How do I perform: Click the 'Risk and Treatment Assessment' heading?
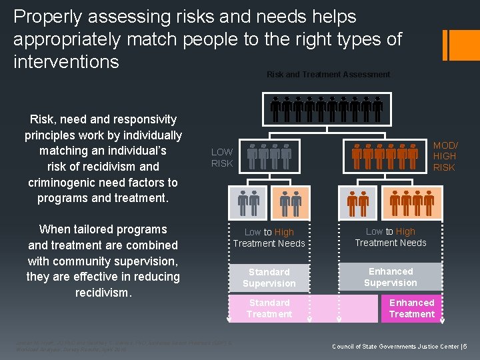pos(328,75)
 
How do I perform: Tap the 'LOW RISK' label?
pos(222,157)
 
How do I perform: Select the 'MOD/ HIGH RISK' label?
pos(444,156)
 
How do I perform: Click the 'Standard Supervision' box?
pos(269,277)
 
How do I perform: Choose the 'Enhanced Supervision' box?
pos(391,277)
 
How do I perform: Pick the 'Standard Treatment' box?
pos(269,308)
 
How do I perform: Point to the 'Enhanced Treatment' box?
pos(411,308)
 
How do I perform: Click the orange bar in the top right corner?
pos(457,45)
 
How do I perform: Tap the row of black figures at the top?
pos(327,109)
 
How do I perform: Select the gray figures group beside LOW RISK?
pos(269,156)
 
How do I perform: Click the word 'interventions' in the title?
pos(66,62)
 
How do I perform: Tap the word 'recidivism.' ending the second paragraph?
pos(103,292)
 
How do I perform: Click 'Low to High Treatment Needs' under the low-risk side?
pos(269,237)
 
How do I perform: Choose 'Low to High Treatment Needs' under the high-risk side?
pos(391,237)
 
